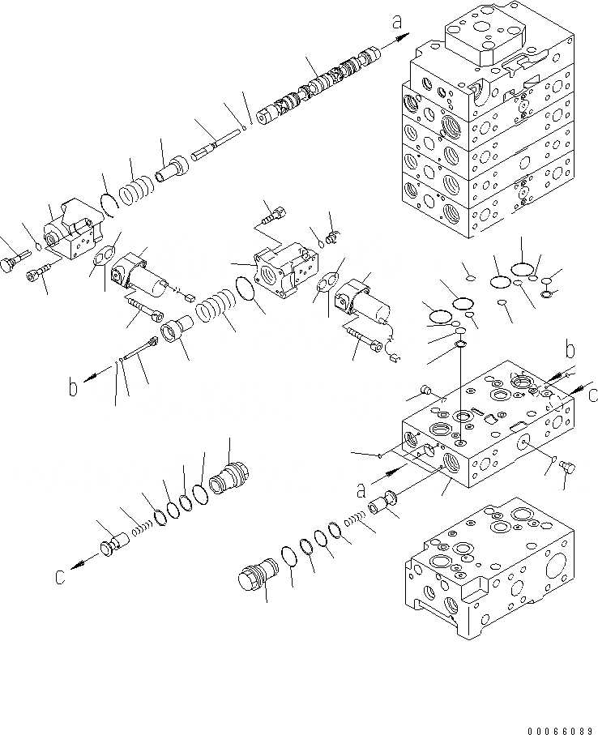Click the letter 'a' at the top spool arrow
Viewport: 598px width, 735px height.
[x=397, y=24]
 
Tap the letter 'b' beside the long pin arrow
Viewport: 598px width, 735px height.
[x=74, y=388]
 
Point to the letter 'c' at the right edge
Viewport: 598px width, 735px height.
[x=592, y=395]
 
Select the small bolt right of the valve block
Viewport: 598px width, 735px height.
[x=566, y=468]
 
